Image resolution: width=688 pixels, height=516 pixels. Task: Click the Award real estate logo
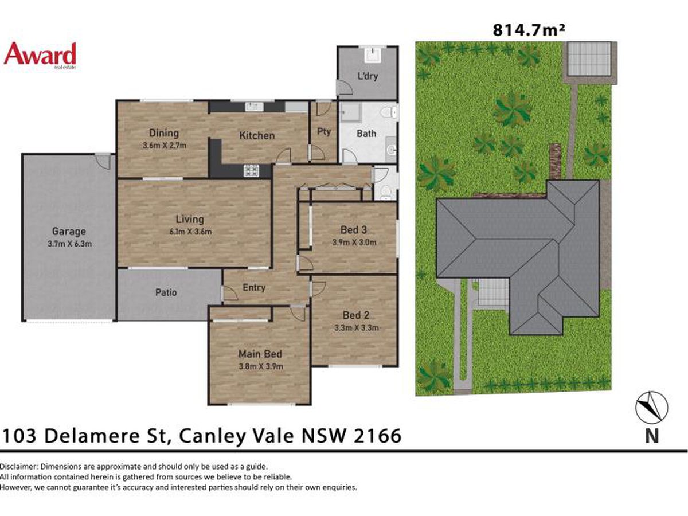tap(40, 56)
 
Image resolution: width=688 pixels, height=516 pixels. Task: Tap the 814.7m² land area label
tap(529, 30)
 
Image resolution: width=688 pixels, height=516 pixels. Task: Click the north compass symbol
tap(652, 408)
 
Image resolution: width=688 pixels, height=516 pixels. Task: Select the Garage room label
tap(69, 231)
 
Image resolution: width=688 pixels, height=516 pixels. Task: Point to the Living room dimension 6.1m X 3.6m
tap(190, 232)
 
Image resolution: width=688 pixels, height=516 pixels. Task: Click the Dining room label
tap(164, 133)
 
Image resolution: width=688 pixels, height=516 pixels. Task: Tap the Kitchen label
tap(257, 136)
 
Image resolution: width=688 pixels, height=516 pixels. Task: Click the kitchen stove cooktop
tap(251, 171)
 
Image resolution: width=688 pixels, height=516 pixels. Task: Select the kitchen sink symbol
tap(254, 107)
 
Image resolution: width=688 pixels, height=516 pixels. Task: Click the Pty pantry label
tap(324, 131)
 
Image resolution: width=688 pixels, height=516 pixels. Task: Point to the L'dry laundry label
tap(368, 76)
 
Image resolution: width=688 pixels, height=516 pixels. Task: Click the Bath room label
tap(366, 134)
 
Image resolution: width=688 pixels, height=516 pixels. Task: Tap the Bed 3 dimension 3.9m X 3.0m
tap(354, 242)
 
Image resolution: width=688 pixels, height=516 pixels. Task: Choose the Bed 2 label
tap(356, 315)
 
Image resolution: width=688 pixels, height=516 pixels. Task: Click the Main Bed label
tap(260, 354)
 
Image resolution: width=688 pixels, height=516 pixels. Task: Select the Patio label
tap(166, 292)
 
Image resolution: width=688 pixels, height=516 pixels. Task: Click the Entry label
tap(254, 287)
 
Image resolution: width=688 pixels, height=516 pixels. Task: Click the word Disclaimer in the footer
tap(19, 467)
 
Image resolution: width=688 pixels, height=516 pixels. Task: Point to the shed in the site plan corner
tap(589, 58)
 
